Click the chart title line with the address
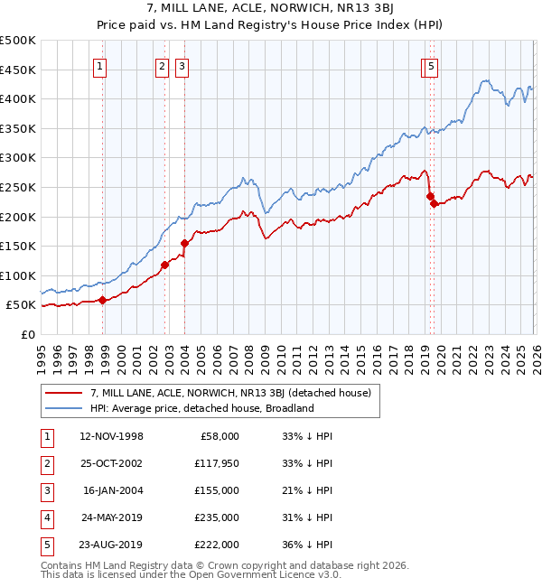coord(271,9)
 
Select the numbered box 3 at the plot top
coord(182,65)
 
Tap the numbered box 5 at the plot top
coord(432,65)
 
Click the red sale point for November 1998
coord(102,300)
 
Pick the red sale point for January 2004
coord(184,243)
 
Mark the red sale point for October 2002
coord(165,265)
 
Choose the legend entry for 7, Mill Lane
coord(236,392)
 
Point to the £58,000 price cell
coord(219,436)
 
